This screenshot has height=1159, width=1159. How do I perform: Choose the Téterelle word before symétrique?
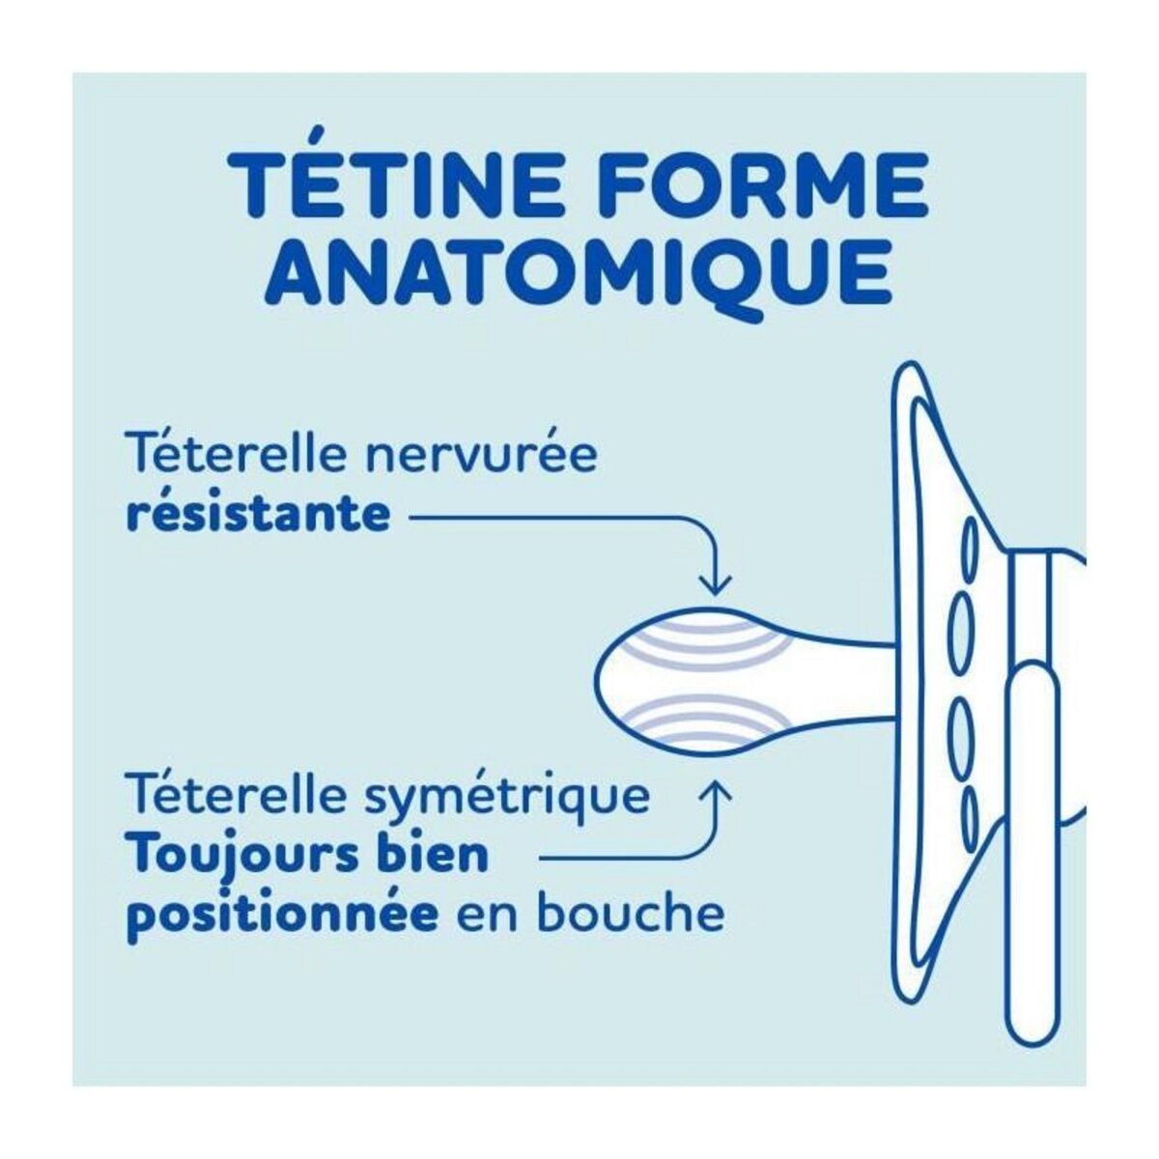[237, 798]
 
